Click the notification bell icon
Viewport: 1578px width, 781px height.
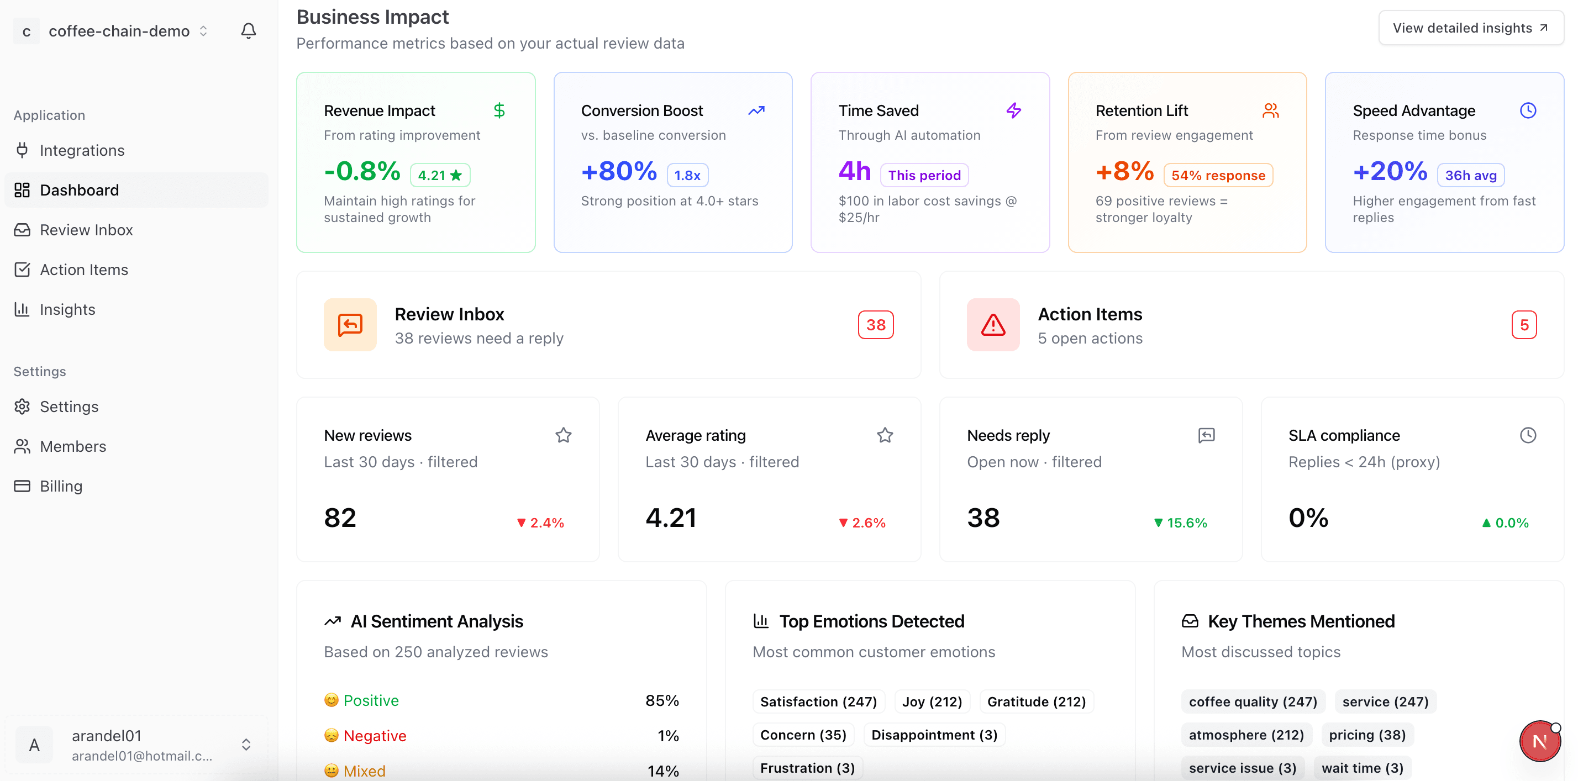(x=248, y=30)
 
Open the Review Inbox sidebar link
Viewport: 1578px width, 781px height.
(x=86, y=230)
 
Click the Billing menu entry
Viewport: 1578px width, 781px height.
(x=61, y=486)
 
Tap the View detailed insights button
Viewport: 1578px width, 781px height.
(x=1470, y=28)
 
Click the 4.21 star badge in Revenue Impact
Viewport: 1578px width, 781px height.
(x=439, y=175)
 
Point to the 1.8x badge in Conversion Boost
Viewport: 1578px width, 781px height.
(x=687, y=175)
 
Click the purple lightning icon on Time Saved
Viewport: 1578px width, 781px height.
(x=1013, y=110)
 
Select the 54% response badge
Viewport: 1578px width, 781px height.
(x=1217, y=175)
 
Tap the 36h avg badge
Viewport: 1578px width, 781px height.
(x=1470, y=175)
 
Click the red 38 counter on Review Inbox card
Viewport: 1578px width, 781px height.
(x=875, y=325)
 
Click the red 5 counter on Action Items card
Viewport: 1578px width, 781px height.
(x=1523, y=325)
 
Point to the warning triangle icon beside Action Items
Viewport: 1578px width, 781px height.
(x=992, y=325)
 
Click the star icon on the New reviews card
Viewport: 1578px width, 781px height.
(x=563, y=435)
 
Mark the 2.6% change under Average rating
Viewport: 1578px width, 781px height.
(x=862, y=523)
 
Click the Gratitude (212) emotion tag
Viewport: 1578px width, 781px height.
(x=1036, y=701)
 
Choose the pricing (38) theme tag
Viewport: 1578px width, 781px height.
(x=1367, y=735)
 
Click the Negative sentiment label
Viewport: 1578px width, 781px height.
(x=374, y=735)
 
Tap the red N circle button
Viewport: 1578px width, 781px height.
(x=1539, y=741)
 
